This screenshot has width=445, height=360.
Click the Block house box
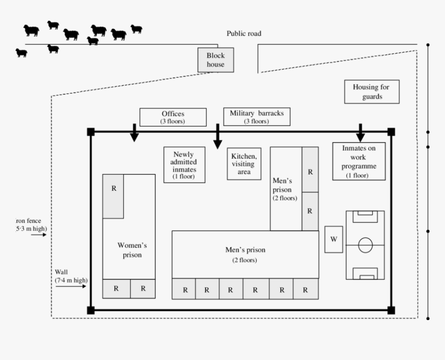pyautogui.click(x=216, y=60)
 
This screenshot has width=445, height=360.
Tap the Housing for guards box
pyautogui.click(x=371, y=92)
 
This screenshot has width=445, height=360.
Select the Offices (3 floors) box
pyautogui.click(x=172, y=117)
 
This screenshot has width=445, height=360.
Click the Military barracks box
pyautogui.click(x=257, y=117)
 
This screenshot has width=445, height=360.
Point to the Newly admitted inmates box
pyautogui.click(x=184, y=164)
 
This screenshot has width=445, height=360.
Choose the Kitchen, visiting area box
pyautogui.click(x=244, y=164)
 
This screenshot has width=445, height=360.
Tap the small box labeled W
pyautogui.click(x=334, y=239)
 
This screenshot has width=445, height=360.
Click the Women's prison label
pyautogui.click(x=129, y=250)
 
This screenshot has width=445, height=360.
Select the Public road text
pyautogui.click(x=244, y=34)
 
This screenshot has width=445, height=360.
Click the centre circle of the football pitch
pyautogui.click(x=365, y=244)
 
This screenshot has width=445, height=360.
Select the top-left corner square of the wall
pyautogui.click(x=91, y=132)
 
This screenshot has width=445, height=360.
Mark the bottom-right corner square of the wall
pyautogui.click(x=391, y=310)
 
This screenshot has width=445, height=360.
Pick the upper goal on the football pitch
pyautogui.click(x=365, y=213)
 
